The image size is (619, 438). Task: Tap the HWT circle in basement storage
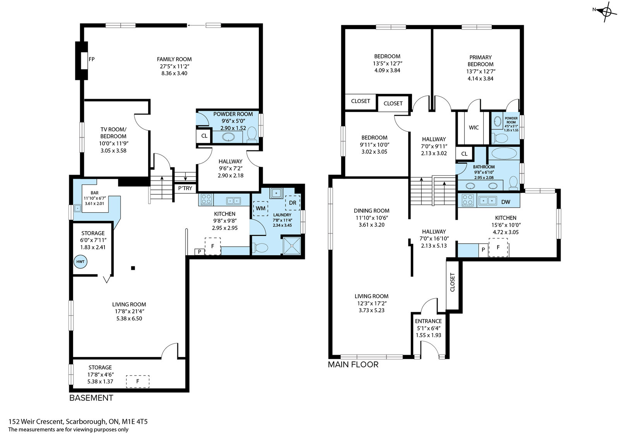pyautogui.click(x=80, y=262)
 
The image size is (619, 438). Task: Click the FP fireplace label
pyautogui.click(x=91, y=59)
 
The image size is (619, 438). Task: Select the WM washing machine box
pyautogui.click(x=261, y=208)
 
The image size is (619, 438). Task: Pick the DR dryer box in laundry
pyautogui.click(x=292, y=203)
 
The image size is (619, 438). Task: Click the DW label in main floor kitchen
pyautogui.click(x=506, y=202)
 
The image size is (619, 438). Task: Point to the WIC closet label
pyautogui.click(x=474, y=127)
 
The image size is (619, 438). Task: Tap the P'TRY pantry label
pyautogui.click(x=185, y=188)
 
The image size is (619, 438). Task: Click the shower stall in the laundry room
pyautogui.click(x=292, y=245)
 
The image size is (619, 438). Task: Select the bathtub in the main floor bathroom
pyautogui.click(x=504, y=153)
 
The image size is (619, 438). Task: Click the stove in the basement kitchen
pyautogui.click(x=206, y=199)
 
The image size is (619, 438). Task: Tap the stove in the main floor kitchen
pyautogui.click(x=468, y=200)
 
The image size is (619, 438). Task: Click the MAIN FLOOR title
pyautogui.click(x=353, y=364)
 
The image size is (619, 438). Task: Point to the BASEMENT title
pyautogui.click(x=91, y=398)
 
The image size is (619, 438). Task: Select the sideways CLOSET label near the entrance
pyautogui.click(x=452, y=282)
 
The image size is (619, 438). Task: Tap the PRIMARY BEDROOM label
pyautogui.click(x=480, y=61)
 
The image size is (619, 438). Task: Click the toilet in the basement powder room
pyautogui.click(x=252, y=134)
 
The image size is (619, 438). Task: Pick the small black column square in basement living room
pyautogui.click(x=133, y=268)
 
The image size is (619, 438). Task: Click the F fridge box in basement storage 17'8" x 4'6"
pyautogui.click(x=138, y=381)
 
